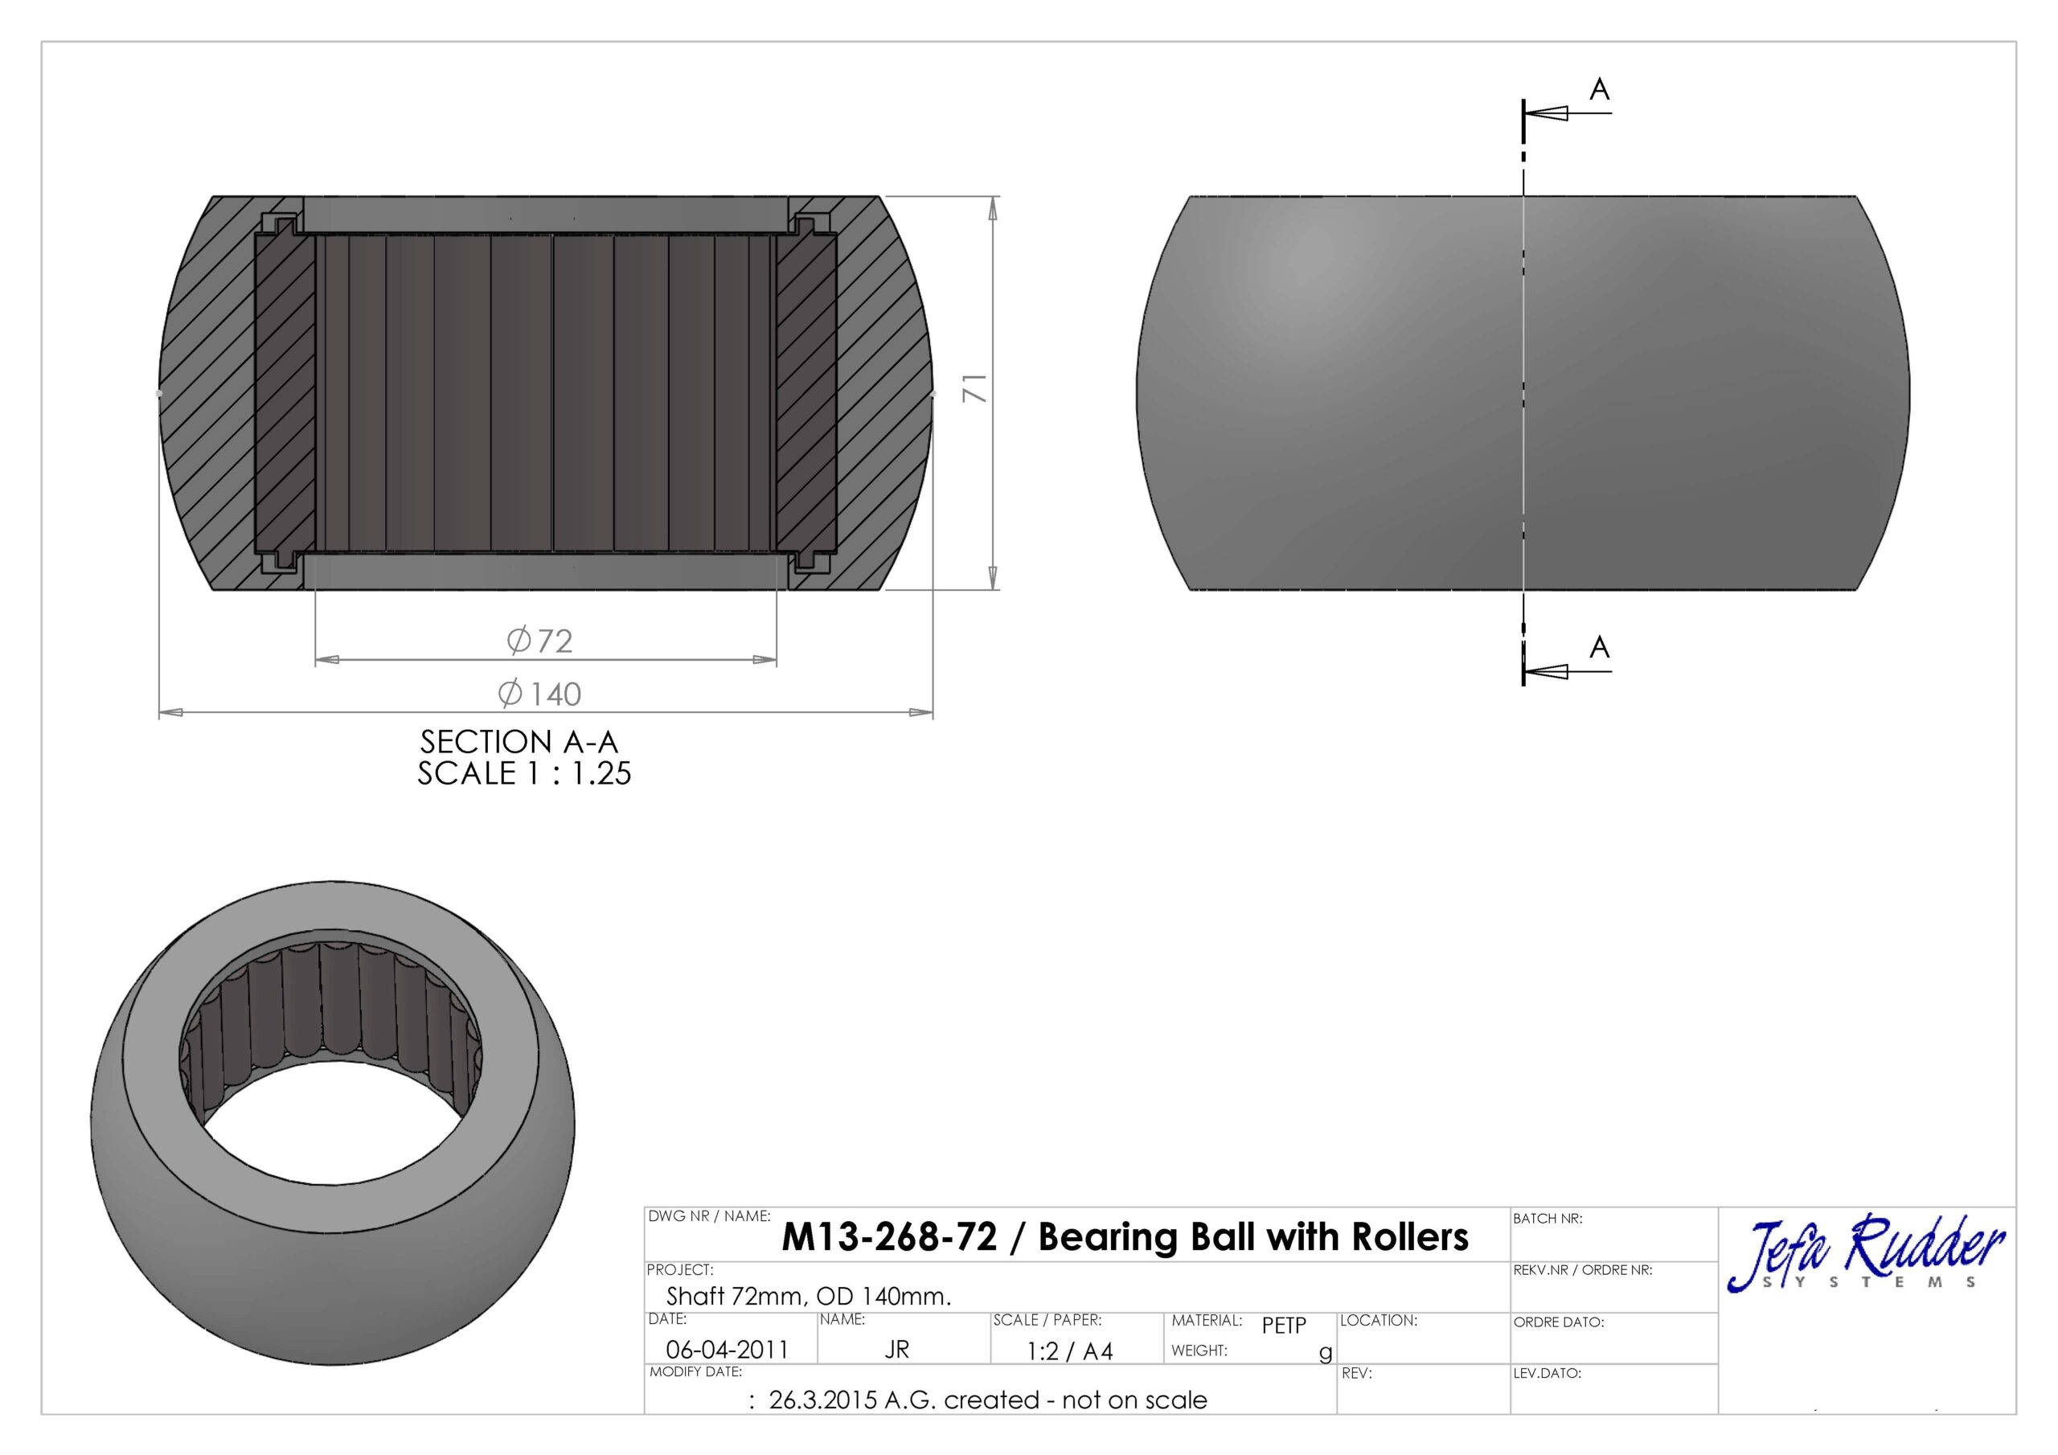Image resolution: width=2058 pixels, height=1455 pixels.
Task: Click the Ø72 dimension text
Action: [539, 641]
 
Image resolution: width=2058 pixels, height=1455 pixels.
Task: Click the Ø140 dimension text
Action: [539, 694]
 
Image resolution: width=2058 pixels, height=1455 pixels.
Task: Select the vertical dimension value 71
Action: [974, 388]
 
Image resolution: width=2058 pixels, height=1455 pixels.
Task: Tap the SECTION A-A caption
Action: [519, 742]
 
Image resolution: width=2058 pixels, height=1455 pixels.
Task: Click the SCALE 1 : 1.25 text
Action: [524, 773]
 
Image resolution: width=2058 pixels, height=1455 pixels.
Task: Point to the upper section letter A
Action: [1599, 90]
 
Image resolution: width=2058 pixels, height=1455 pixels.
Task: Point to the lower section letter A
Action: [1599, 647]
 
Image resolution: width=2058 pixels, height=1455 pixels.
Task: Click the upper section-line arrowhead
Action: [1545, 114]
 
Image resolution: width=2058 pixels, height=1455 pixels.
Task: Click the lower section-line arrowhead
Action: [1545, 671]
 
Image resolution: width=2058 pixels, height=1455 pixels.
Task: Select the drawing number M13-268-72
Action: [889, 1238]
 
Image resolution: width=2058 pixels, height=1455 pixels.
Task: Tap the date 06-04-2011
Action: [727, 1349]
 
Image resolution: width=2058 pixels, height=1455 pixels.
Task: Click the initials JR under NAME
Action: [896, 1349]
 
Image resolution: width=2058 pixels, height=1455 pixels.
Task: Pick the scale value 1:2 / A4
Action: [1069, 1351]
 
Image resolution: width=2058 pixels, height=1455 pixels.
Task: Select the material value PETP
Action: [1284, 1325]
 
